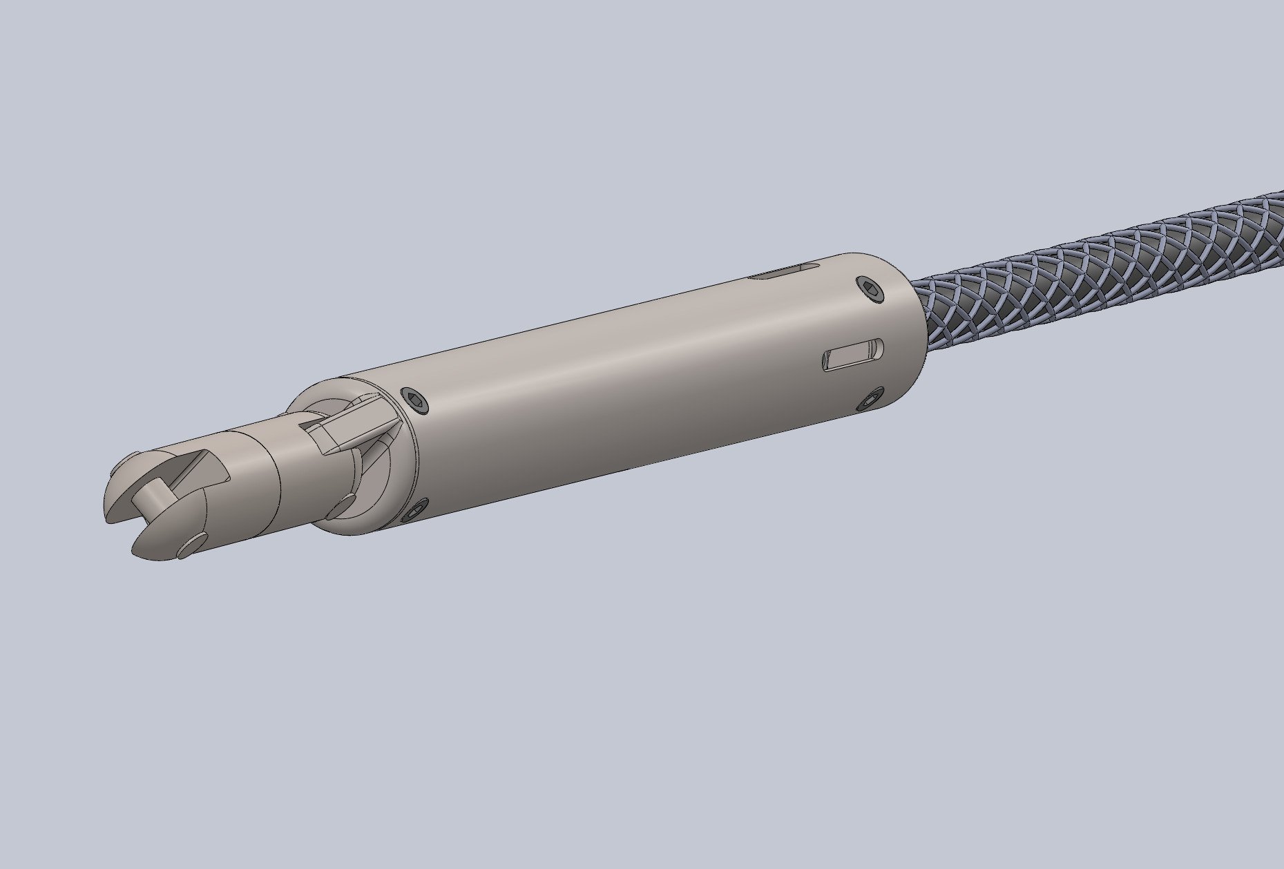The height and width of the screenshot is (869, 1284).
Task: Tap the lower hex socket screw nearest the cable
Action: click(870, 400)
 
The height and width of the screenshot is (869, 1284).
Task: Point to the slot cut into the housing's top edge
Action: click(780, 273)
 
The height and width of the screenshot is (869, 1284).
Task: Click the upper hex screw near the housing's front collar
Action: click(416, 400)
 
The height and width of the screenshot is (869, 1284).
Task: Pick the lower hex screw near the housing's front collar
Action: click(415, 511)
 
